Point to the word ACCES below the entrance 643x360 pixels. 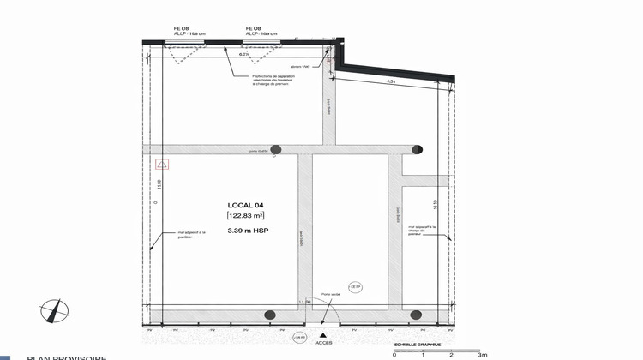[x=322, y=345]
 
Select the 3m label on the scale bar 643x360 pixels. [x=482, y=353]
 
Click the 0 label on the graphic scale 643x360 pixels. [x=394, y=353]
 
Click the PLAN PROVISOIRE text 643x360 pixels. [x=67, y=357]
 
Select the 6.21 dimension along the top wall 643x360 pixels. [x=243, y=54]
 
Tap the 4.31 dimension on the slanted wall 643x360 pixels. [x=390, y=81]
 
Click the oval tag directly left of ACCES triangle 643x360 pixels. [x=299, y=337]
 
